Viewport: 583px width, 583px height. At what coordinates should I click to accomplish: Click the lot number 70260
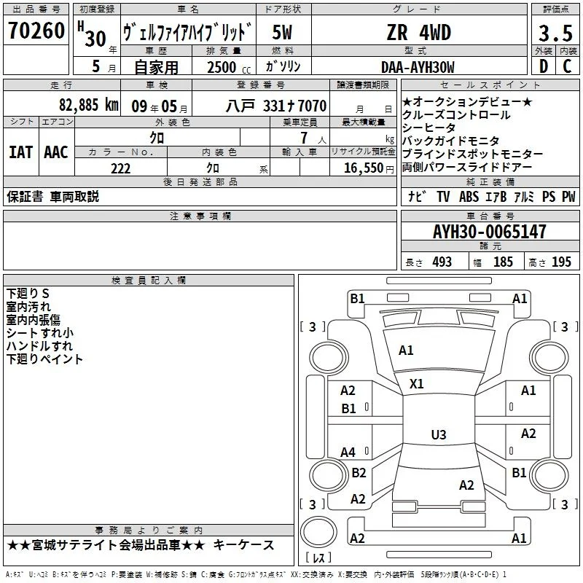tap(36, 31)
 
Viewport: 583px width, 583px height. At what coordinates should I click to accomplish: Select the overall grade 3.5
tap(555, 33)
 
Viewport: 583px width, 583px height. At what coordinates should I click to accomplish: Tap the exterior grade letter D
tap(544, 66)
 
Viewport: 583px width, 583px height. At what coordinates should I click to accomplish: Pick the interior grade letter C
tap(567, 66)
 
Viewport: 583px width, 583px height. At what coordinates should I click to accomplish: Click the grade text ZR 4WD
tap(419, 32)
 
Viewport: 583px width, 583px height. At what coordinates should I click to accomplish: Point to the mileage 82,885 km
tap(89, 105)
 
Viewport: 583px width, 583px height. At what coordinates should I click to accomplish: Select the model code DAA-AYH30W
tap(418, 67)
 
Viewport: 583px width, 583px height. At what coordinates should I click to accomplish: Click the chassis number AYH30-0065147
tap(489, 232)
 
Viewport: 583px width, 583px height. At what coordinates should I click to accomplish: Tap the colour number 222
tap(120, 168)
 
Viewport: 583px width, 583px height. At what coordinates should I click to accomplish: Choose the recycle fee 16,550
tap(364, 168)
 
